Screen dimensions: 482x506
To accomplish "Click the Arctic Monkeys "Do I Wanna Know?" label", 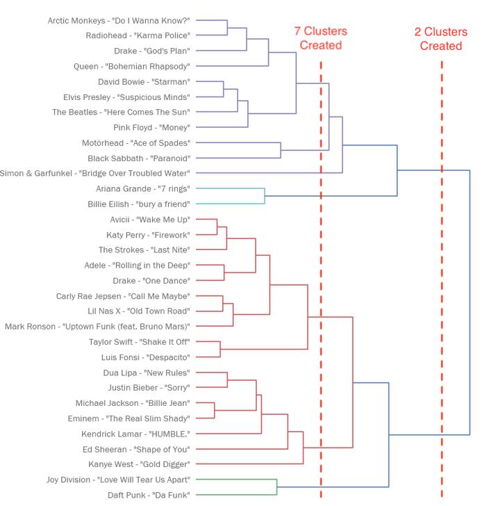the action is [119, 21].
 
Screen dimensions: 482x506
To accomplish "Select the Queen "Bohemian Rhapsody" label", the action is [131, 67].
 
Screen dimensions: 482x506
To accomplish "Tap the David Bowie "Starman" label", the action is [144, 81].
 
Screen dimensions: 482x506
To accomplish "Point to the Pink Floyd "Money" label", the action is [151, 127].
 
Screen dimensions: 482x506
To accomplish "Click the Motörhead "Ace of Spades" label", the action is [136, 143].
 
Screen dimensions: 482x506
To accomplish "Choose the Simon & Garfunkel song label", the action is [94, 173].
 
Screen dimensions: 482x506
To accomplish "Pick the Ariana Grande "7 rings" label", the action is [143, 189].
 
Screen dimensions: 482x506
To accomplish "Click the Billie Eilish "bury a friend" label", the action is [139, 204].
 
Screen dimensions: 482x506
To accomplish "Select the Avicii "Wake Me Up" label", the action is [150, 220].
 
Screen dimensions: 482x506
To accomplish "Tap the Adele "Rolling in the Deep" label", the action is [137, 266].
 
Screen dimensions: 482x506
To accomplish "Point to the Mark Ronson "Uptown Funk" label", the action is [97, 327].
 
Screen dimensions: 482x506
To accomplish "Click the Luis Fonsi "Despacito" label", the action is [145, 357].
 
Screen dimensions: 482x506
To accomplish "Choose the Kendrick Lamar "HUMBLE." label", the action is [135, 434].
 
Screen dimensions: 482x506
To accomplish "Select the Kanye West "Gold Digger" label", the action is [139, 464].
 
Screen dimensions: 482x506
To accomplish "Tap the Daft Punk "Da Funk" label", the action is [149, 495].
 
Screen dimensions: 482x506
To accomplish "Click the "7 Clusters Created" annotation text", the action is [321, 38].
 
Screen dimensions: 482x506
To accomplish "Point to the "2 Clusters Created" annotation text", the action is [441, 39].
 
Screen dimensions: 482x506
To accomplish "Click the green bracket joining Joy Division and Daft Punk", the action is [276, 487].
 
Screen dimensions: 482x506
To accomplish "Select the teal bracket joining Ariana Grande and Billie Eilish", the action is [265, 196].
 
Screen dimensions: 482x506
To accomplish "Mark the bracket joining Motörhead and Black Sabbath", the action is [281, 150].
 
